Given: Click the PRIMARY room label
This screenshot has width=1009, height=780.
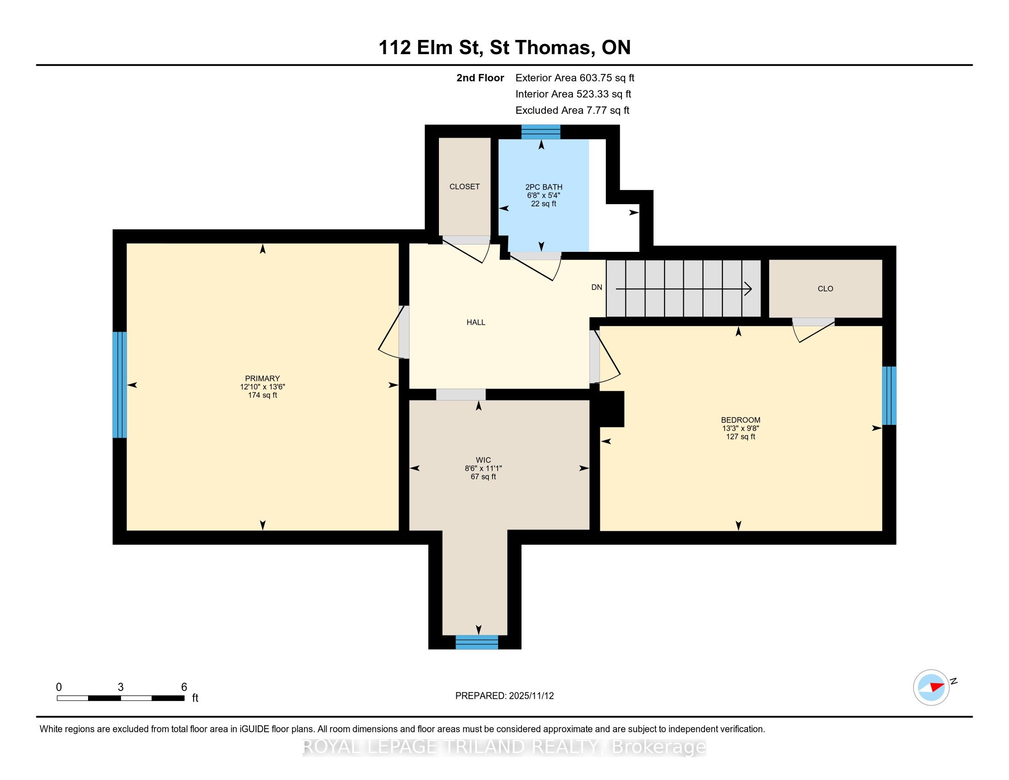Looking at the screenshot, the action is coord(262,379).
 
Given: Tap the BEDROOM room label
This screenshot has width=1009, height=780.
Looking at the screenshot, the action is coord(741,420).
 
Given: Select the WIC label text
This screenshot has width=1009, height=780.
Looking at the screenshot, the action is coord(483,460).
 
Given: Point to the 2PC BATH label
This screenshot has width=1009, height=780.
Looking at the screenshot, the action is coord(544,187).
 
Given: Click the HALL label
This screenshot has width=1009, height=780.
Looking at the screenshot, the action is coord(476,323).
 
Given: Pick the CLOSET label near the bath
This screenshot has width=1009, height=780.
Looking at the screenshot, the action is coord(464,187).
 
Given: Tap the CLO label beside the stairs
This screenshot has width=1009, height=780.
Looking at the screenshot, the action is coord(826,289).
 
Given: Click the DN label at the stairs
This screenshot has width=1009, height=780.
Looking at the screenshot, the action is coord(597,287).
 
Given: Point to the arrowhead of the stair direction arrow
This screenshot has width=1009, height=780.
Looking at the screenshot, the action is coord(748,289).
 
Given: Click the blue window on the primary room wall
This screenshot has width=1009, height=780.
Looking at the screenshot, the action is coord(120,385).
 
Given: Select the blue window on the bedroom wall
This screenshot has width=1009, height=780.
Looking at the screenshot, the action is coord(889,396).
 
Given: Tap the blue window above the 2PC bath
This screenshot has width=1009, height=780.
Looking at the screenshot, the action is coord(541,132).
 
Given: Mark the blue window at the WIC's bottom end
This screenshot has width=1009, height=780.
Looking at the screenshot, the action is coord(477,642).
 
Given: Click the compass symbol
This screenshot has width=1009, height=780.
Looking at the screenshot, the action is coord(931,687).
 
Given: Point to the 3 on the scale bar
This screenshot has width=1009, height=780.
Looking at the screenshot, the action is coord(121,687).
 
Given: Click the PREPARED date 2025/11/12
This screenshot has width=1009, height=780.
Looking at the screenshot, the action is coord(531,696).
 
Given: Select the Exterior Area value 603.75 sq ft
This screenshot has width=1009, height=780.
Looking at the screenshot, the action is coord(607,78).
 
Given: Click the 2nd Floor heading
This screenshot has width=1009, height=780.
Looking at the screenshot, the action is coord(480,78).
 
